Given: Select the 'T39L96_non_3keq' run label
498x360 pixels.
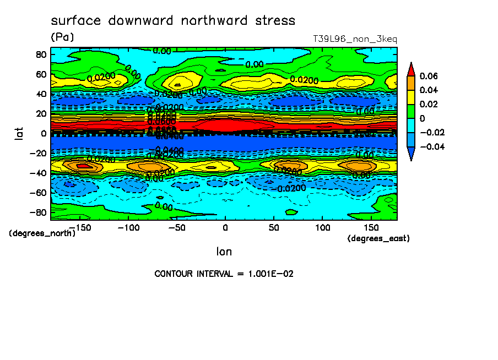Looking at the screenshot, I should (354, 39).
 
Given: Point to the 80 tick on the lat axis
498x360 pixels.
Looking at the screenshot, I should (41, 54).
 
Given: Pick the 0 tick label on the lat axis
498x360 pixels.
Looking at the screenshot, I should (44, 133).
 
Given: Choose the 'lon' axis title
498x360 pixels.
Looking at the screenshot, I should (224, 252).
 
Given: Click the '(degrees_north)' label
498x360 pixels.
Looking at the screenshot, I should (42, 233).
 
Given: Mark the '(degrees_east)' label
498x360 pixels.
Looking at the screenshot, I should (378, 238).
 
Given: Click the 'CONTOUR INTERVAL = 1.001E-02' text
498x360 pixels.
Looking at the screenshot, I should (224, 274).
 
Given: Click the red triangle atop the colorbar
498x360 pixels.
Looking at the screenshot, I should (410, 68).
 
